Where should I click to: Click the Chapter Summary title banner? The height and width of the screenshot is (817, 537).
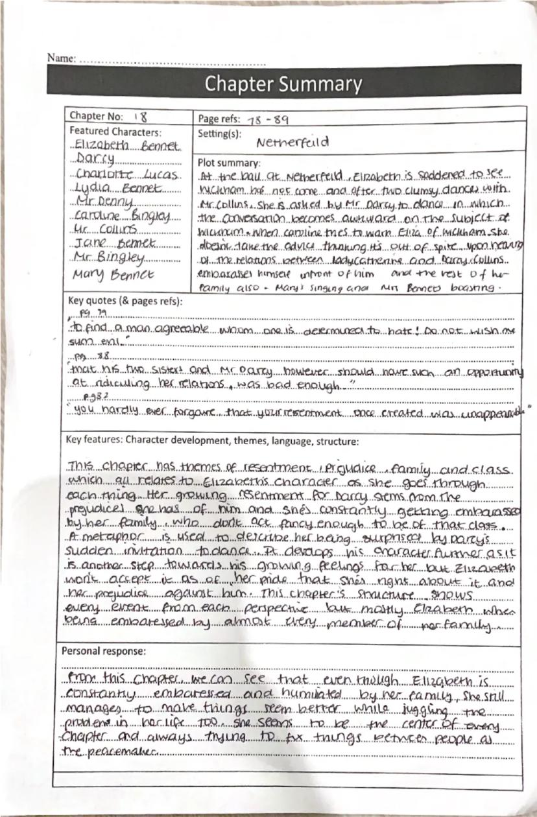[283, 84]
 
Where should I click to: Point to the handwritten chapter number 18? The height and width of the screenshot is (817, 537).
[140, 117]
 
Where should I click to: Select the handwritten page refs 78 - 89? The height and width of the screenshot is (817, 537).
[265, 120]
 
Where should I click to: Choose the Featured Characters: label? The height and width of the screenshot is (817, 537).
[106, 131]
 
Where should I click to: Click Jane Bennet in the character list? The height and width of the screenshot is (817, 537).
[117, 244]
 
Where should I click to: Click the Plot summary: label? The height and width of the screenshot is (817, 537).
[228, 163]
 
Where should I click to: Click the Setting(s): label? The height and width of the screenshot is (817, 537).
[219, 133]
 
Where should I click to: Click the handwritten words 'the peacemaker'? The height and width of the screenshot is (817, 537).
[113, 752]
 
